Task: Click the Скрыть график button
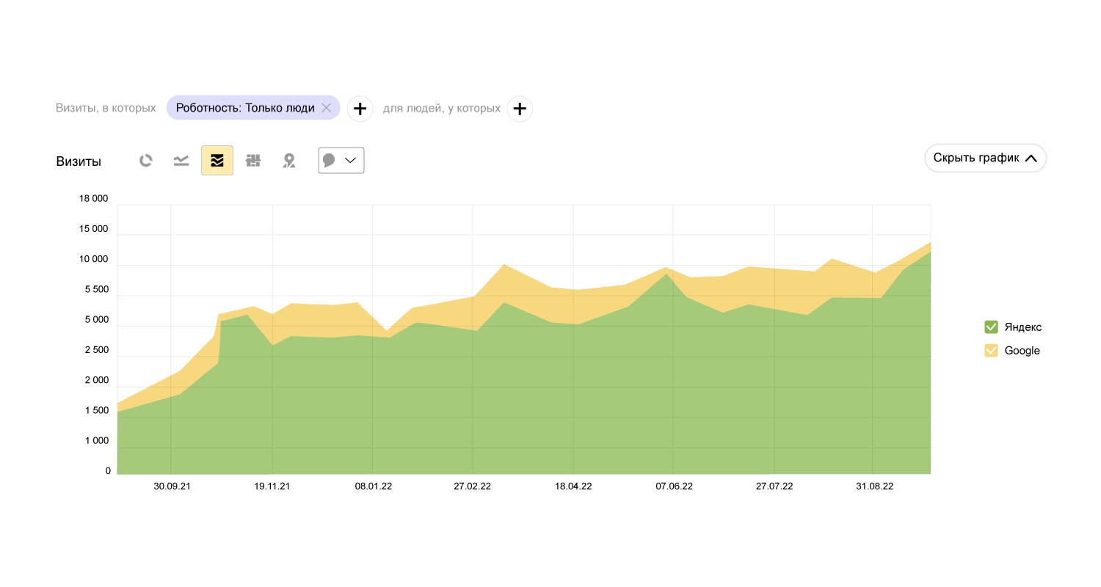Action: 985,158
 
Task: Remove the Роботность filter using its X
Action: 327,108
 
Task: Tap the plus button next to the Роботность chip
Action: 360,109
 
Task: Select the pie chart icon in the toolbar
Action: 146,161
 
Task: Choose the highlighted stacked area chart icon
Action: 217,161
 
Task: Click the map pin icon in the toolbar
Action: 289,161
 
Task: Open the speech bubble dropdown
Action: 341,161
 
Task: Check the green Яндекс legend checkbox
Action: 991,327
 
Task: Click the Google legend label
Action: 1022,351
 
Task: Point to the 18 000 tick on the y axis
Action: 93,198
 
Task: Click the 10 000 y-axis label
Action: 93,259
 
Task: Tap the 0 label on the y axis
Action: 108,471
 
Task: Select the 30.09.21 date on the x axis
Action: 172,486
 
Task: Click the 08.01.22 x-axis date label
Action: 373,486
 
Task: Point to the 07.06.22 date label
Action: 674,486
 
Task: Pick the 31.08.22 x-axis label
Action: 874,486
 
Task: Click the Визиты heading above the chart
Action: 79,161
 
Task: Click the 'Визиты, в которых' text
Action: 106,108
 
